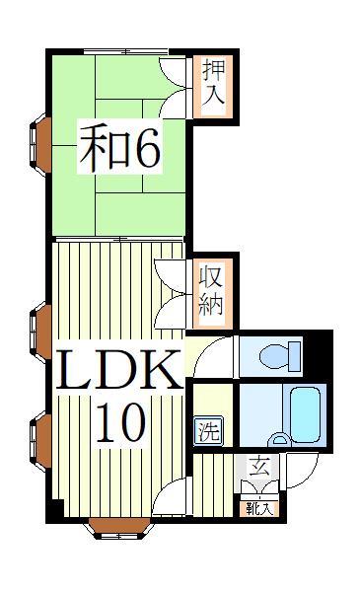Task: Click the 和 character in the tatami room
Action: pos(102,147)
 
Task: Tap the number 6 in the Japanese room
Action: pos(142,147)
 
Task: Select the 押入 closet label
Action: pos(214,83)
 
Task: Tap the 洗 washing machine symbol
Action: pos(209,430)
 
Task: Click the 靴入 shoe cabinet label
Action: pos(259,508)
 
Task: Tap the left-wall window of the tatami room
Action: pos(41,143)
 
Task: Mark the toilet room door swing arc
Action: pos(214,354)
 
